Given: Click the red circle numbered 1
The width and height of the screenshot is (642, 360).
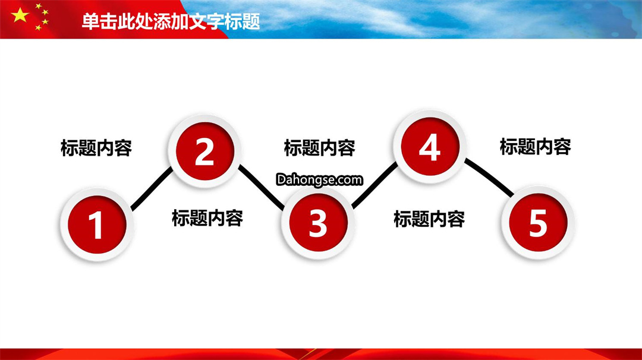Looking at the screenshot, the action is (x=97, y=224).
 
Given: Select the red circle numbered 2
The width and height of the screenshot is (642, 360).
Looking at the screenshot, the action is (x=204, y=151).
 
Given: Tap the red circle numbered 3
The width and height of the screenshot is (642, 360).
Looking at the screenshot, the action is (x=318, y=223).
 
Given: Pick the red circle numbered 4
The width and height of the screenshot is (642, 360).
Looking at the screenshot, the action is (x=430, y=147).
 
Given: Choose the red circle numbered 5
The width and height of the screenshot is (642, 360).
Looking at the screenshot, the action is (x=538, y=223).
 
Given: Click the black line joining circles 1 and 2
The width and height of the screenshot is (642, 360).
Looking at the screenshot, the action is (x=152, y=188).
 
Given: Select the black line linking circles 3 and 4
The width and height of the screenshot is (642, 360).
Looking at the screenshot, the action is (x=374, y=185).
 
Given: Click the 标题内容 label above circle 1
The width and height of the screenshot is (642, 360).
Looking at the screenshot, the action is (x=96, y=148).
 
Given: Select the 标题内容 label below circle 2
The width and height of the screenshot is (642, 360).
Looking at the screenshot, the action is (x=207, y=218).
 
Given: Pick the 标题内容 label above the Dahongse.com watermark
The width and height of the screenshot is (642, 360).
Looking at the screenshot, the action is (x=319, y=148).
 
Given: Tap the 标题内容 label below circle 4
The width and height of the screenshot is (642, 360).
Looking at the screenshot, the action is (x=429, y=219).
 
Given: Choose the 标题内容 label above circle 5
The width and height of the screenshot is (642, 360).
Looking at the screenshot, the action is (x=535, y=147).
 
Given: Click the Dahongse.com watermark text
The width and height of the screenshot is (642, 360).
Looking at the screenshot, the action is (x=319, y=179).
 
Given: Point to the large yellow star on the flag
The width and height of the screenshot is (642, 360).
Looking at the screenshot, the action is (x=20, y=15).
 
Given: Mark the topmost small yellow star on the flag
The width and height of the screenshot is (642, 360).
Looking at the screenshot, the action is (x=39, y=6).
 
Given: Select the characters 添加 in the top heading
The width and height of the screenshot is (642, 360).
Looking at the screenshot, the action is (x=171, y=21).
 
